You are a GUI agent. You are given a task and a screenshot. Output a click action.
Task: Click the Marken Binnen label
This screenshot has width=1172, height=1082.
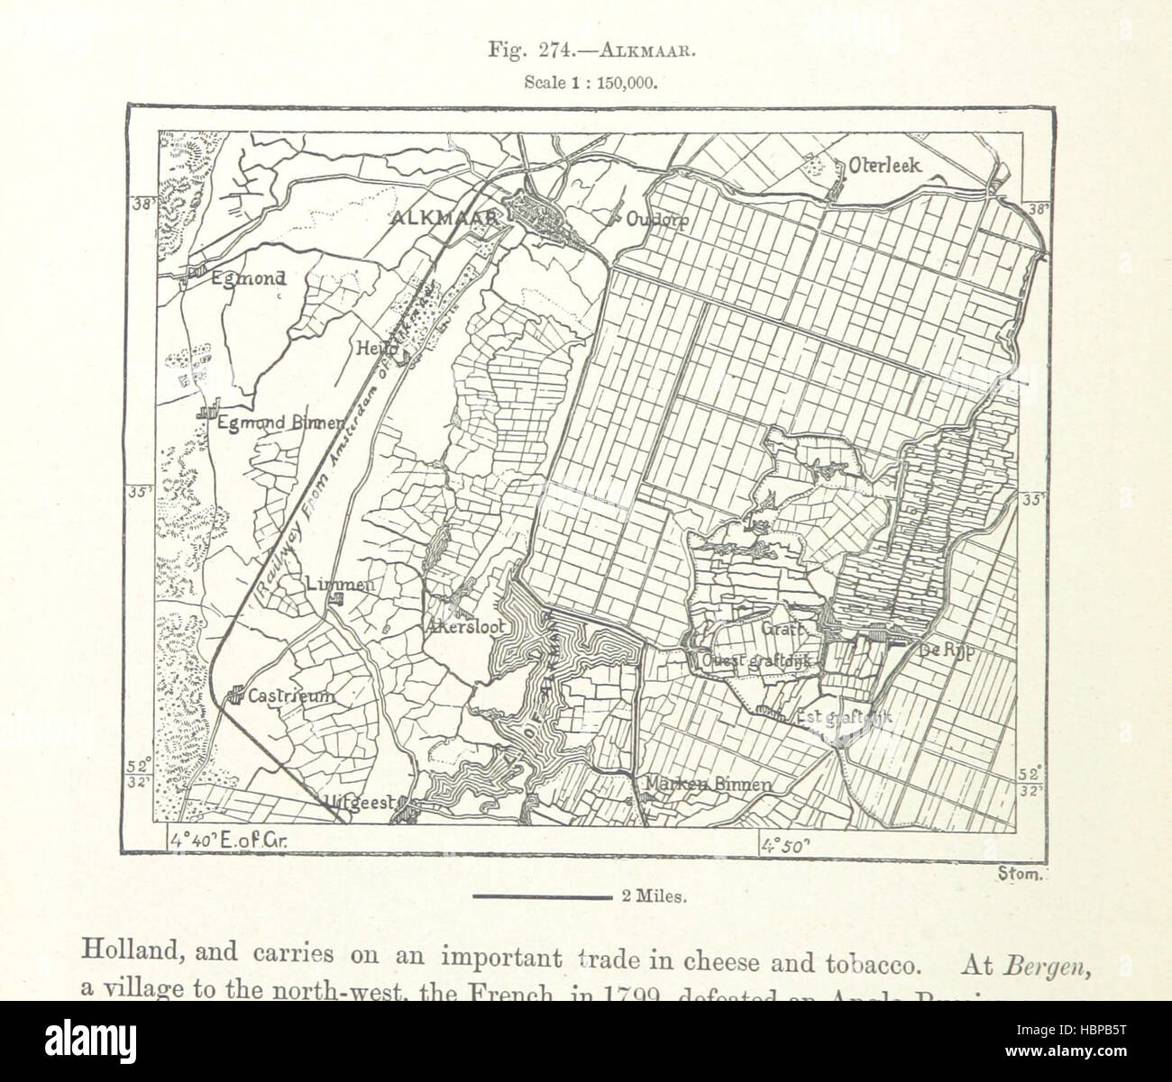click(x=708, y=785)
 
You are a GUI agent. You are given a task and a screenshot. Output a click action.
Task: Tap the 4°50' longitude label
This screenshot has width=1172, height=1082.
click(x=786, y=843)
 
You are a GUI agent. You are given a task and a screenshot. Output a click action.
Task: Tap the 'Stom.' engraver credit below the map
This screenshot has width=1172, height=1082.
click(x=1020, y=872)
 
